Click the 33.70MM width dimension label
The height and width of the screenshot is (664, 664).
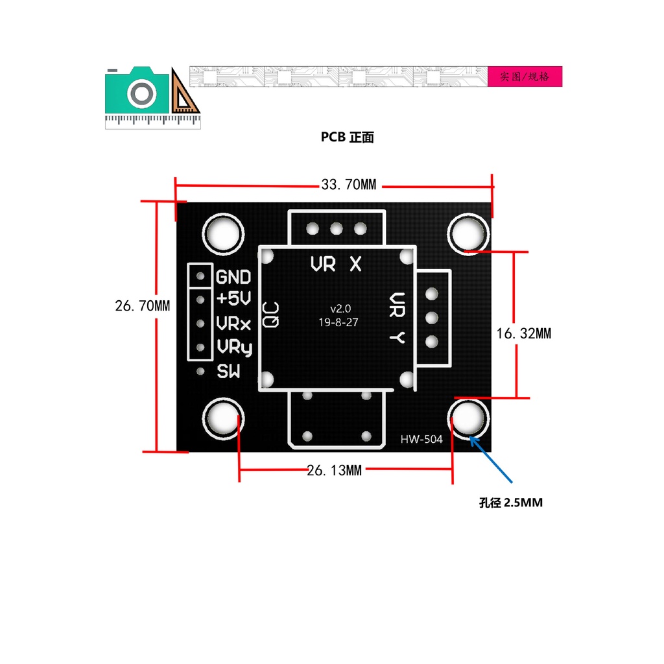point(349,185)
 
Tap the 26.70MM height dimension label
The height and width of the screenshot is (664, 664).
point(143,305)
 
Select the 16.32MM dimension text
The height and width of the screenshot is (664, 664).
point(524,333)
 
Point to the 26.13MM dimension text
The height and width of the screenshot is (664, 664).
point(334,470)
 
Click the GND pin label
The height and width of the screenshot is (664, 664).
point(233,278)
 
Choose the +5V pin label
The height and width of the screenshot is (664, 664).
point(233,299)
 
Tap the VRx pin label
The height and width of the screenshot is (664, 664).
point(233,323)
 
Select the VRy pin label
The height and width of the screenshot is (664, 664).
point(234,348)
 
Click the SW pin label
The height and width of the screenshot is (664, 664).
point(228,372)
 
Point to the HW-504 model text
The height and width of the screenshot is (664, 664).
point(421,440)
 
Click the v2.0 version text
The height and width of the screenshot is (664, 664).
point(340,308)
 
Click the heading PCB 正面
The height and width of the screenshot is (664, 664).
point(348,137)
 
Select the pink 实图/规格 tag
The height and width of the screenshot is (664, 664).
point(525,77)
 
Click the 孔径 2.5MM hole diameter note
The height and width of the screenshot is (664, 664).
point(510,503)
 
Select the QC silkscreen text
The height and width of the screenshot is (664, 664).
point(271,314)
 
